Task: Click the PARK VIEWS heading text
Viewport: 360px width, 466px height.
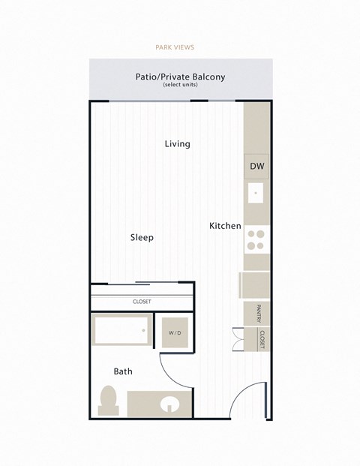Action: tap(174, 47)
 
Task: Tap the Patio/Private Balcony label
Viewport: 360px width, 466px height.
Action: tap(180, 77)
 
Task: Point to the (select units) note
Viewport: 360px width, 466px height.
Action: tap(179, 86)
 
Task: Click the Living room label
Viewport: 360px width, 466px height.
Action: tap(178, 143)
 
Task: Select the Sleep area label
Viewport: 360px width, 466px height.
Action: tap(142, 237)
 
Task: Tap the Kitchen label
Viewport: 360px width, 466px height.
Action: tap(225, 226)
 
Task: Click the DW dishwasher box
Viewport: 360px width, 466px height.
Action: tap(256, 167)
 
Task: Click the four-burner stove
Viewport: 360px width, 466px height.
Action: tap(256, 239)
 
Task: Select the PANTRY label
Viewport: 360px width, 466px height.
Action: tap(257, 313)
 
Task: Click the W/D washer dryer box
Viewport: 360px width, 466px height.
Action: tap(174, 332)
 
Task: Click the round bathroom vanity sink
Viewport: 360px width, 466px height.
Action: tap(170, 405)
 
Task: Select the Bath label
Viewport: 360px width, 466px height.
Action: tap(123, 371)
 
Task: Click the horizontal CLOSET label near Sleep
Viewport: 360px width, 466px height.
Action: tap(141, 302)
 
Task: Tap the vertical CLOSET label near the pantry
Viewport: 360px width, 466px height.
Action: tap(263, 340)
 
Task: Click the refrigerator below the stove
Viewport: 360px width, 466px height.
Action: tap(253, 285)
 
